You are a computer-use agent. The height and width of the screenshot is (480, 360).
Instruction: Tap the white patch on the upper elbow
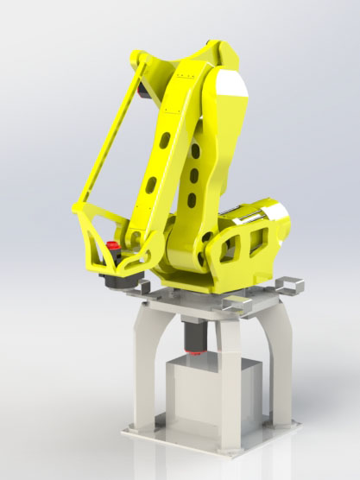(x=232, y=85)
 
